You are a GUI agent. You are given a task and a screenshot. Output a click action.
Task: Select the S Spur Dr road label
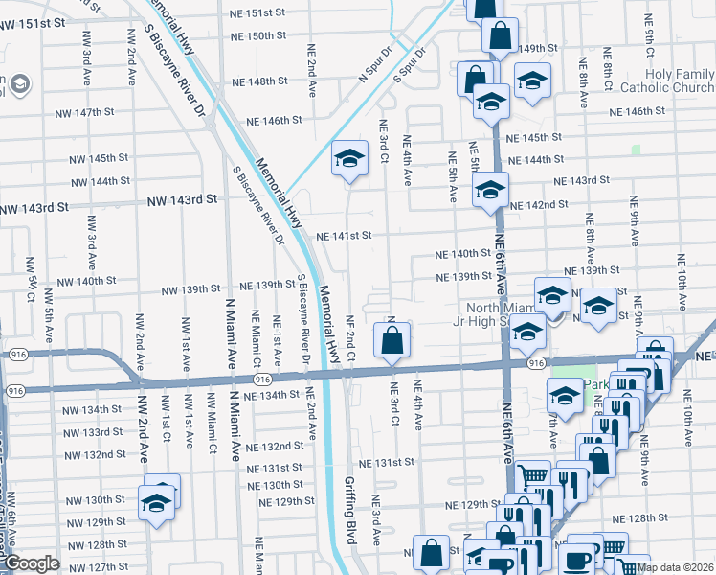point(409,63)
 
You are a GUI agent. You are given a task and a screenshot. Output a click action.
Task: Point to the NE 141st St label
point(344,235)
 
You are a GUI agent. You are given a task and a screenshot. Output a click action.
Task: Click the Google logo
point(32,563)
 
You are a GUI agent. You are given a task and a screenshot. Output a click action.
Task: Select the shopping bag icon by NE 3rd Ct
point(392,340)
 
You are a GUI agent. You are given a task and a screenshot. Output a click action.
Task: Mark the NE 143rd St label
point(583,180)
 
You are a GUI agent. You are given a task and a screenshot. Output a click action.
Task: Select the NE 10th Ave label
point(682,282)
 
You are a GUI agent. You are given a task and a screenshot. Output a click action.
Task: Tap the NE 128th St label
point(657,517)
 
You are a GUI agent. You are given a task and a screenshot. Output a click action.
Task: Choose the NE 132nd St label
point(275,447)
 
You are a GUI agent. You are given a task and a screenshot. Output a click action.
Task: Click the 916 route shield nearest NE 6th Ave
point(536,363)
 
